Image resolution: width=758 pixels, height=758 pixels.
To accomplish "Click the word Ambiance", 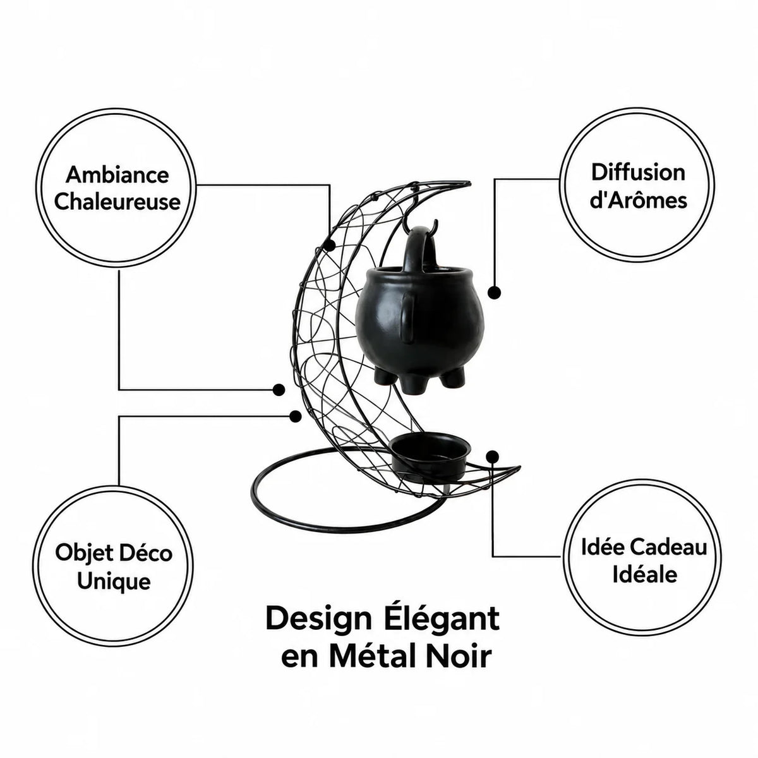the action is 117,174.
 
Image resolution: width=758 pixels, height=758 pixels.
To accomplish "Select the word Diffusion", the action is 638,172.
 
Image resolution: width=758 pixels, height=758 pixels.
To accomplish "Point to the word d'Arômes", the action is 639,200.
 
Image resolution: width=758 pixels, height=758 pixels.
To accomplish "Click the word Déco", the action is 146,553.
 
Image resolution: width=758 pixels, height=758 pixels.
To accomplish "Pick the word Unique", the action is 114,581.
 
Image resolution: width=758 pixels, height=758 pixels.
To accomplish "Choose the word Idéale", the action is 645,575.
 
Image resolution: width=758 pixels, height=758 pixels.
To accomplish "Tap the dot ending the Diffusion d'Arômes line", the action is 495,292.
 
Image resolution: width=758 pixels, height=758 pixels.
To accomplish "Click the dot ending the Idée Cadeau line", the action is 493,457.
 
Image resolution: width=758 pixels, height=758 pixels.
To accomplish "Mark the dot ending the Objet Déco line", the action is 295,416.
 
